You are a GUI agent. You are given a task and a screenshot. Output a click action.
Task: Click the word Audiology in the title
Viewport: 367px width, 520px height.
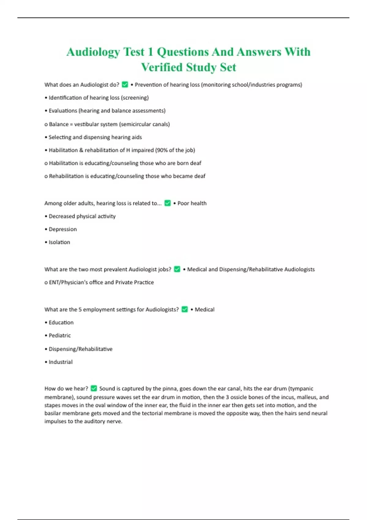(x=93, y=52)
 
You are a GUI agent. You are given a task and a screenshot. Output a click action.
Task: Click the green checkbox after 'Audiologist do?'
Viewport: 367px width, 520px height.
(x=125, y=84)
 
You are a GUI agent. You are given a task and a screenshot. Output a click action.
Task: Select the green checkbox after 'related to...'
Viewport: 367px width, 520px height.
(x=167, y=203)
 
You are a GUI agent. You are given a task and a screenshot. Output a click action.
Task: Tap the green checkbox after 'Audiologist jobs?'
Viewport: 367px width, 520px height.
(x=177, y=269)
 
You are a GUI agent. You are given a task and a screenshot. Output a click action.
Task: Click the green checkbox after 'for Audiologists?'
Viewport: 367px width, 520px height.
(x=184, y=309)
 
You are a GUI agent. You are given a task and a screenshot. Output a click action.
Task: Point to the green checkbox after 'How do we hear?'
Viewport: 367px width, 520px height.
(x=94, y=388)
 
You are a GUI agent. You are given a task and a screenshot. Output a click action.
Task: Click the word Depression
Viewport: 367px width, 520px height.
(x=63, y=229)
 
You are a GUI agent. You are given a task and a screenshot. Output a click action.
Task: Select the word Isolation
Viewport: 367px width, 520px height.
(x=59, y=242)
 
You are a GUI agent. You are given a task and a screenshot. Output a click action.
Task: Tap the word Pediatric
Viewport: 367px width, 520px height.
(x=60, y=335)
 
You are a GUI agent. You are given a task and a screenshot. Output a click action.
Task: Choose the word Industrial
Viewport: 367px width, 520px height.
(x=61, y=362)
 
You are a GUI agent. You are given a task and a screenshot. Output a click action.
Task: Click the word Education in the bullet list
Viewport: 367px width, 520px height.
(x=61, y=322)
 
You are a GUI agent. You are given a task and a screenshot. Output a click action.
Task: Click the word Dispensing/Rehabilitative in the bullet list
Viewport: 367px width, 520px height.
(x=80, y=349)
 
